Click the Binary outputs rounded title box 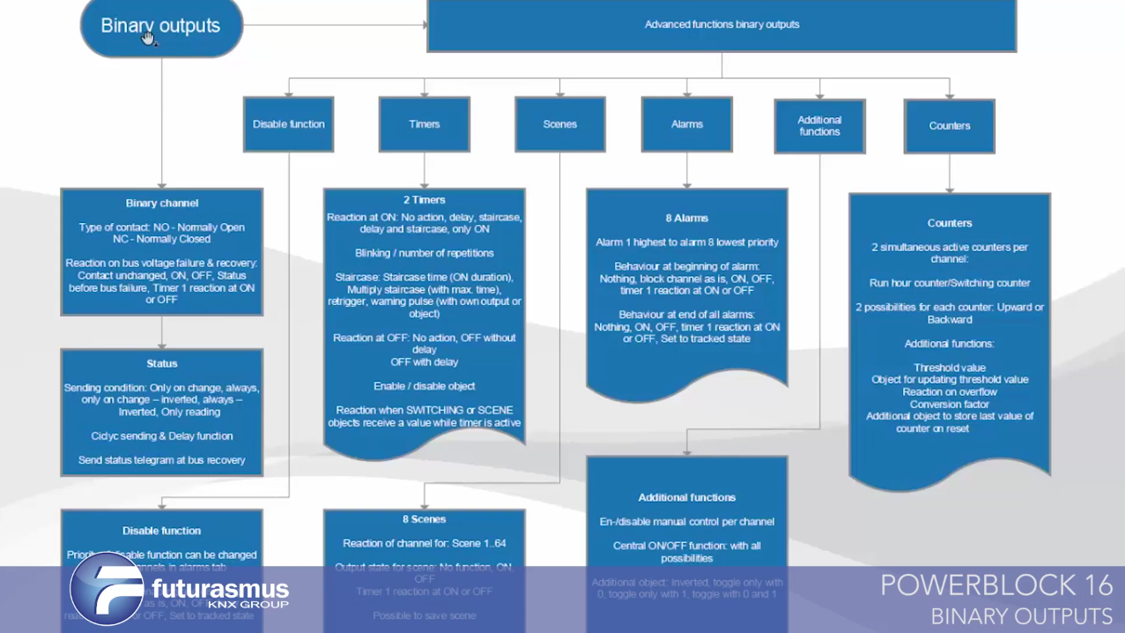click(x=161, y=26)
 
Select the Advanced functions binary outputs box click(x=722, y=25)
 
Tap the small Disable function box click(x=288, y=124)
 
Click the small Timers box click(x=424, y=124)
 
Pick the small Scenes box click(x=559, y=124)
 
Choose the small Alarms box click(x=686, y=124)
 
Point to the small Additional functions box click(x=819, y=126)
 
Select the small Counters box click(x=949, y=126)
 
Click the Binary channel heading click(x=161, y=203)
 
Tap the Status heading click(x=161, y=363)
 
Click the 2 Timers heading click(x=424, y=200)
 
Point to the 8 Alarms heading click(x=686, y=218)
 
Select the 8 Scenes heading click(x=424, y=519)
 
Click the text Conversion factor click(x=949, y=404)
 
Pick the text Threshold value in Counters click(x=949, y=368)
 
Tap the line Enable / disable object click(x=424, y=386)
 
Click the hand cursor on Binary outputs click(x=148, y=37)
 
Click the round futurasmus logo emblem click(x=106, y=588)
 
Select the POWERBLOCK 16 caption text click(x=995, y=585)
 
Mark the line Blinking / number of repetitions click(x=424, y=253)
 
